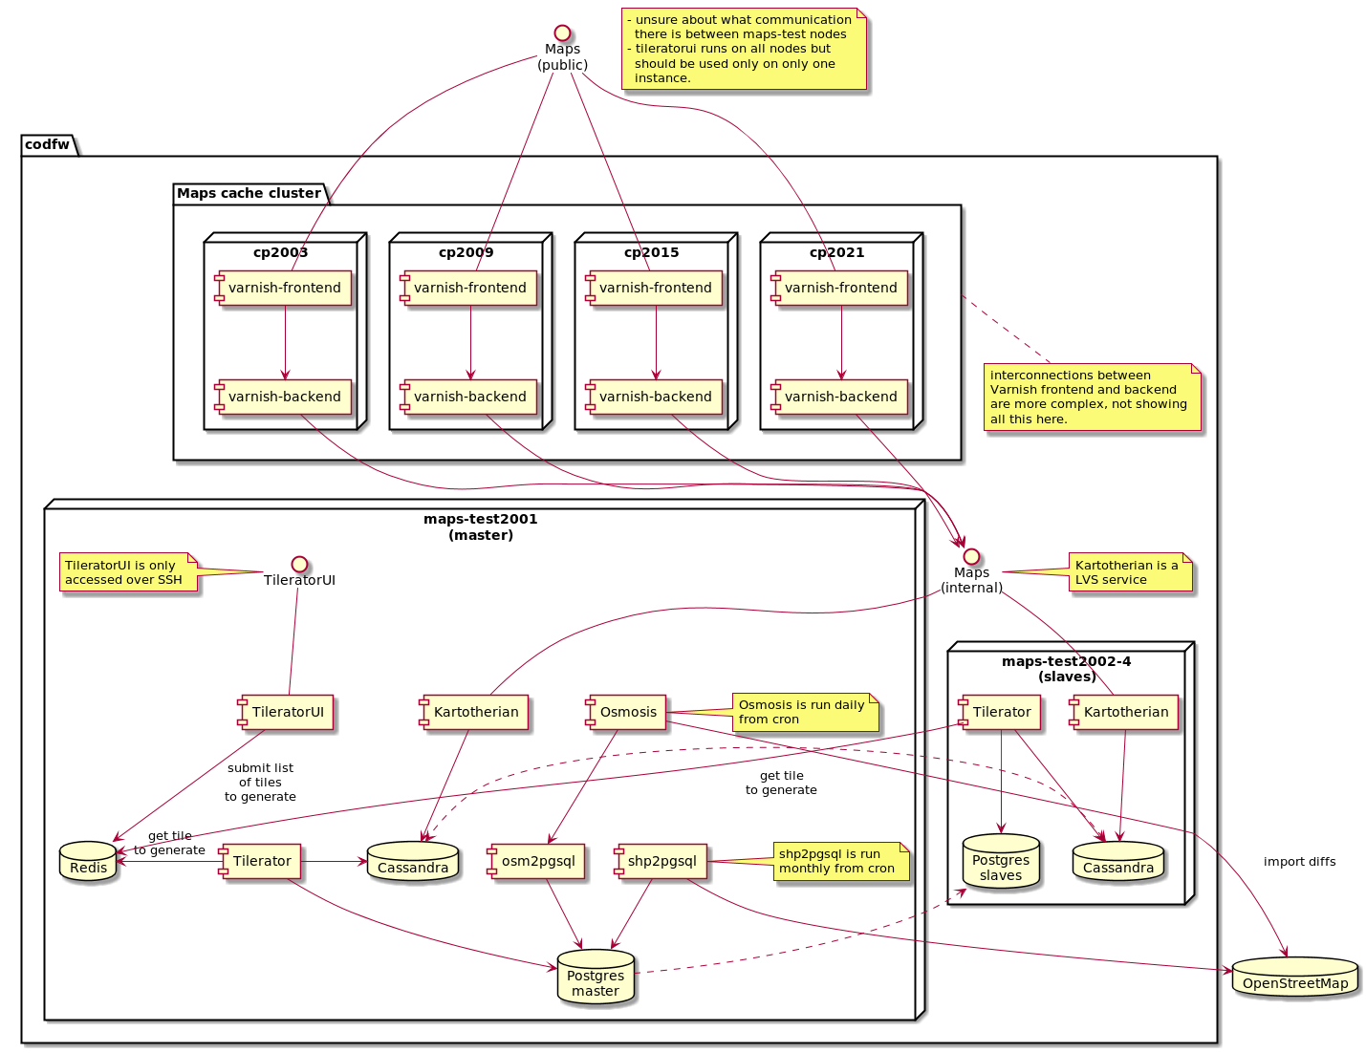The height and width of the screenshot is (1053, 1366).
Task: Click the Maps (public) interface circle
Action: pyautogui.click(x=561, y=32)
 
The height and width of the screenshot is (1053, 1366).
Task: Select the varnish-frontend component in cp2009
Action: pyautogui.click(x=468, y=288)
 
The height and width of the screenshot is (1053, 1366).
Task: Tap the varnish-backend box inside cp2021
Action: pyautogui.click(x=839, y=397)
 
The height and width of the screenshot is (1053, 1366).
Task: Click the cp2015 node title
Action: pyautogui.click(x=651, y=252)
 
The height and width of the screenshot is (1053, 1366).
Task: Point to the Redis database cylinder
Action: pyautogui.click(x=88, y=861)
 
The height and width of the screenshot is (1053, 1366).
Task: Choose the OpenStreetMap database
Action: pyautogui.click(x=1294, y=976)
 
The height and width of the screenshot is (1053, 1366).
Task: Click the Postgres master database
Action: pyautogui.click(x=596, y=976)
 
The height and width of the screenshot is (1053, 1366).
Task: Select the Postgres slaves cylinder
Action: pyautogui.click(x=1001, y=861)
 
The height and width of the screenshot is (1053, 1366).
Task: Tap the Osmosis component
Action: pyautogui.click(x=625, y=712)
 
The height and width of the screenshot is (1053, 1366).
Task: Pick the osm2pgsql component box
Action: pyautogui.click(x=536, y=861)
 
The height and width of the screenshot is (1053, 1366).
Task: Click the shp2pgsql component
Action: pyautogui.click(x=661, y=861)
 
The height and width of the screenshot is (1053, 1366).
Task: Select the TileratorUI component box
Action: pyautogui.click(x=286, y=712)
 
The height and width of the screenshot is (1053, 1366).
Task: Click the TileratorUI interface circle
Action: pyautogui.click(x=299, y=564)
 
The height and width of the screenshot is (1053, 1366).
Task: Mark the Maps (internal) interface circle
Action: pyautogui.click(x=971, y=556)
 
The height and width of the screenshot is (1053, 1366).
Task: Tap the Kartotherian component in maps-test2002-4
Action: pyautogui.click(x=1124, y=712)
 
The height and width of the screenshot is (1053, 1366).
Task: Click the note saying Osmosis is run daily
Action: pyautogui.click(x=805, y=712)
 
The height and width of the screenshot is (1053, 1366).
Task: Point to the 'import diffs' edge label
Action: pyautogui.click(x=1299, y=861)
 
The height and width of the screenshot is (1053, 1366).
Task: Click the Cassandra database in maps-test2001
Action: pyautogui.click(x=412, y=861)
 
